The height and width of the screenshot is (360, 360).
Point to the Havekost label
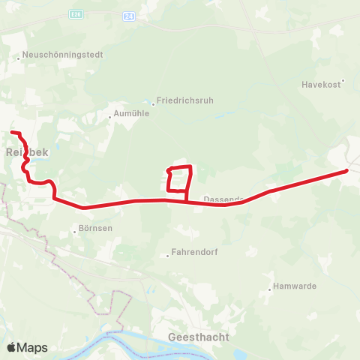322,82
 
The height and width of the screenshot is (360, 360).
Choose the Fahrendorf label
194,253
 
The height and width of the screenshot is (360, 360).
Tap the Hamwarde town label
295,286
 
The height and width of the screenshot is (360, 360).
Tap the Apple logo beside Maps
11,347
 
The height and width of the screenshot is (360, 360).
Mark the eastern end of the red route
346,171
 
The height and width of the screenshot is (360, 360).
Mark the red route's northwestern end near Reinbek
12,133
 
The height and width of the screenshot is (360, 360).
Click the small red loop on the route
179,178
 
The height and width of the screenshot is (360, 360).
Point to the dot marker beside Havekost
343,82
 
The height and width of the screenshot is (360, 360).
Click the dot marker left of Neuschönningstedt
19,55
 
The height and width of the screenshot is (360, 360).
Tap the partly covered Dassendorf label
223,199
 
